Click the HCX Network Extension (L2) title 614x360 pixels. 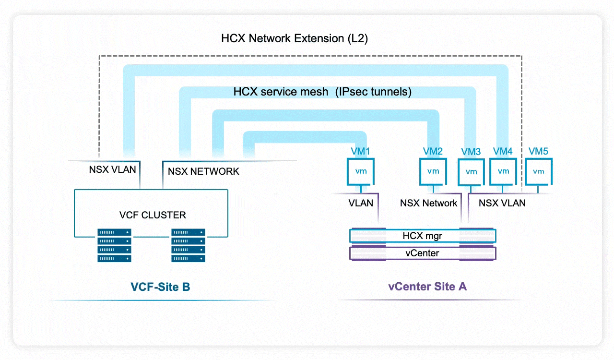click(x=295, y=39)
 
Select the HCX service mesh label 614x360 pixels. click(x=322, y=92)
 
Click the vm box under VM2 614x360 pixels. click(x=433, y=171)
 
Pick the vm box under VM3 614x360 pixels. click(x=472, y=172)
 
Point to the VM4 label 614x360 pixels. click(x=503, y=152)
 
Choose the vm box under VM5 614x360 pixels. click(x=538, y=171)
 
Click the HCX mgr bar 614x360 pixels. click(x=422, y=236)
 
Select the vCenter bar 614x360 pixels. click(x=422, y=253)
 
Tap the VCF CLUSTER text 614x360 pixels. click(x=153, y=215)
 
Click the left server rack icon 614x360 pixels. click(x=114, y=245)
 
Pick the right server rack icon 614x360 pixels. click(x=188, y=245)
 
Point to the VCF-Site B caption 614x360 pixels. click(x=160, y=287)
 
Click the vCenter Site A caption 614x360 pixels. click(x=427, y=287)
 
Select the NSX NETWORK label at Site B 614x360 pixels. click(x=203, y=171)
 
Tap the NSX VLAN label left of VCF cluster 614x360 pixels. click(x=112, y=169)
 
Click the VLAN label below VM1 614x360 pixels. click(x=361, y=203)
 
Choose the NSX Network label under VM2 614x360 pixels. click(x=428, y=203)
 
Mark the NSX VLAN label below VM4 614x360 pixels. click(x=502, y=203)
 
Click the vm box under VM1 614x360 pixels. click(x=361, y=171)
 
